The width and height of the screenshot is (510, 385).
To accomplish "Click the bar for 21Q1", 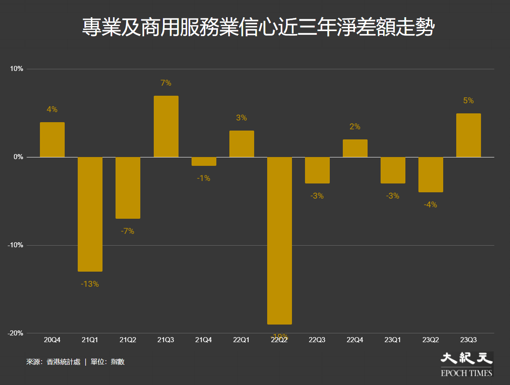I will (x=90, y=214).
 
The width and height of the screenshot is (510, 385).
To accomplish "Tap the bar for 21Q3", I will (x=166, y=126).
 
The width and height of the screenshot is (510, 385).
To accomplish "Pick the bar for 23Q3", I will (x=468, y=135).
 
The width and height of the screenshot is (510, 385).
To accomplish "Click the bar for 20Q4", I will (x=52, y=140).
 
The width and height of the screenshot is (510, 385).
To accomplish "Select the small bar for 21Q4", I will (x=204, y=162).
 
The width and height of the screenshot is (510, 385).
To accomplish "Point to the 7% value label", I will (x=166, y=83).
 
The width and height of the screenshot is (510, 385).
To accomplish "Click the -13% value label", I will (x=90, y=284).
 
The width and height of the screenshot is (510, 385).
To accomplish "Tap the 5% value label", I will (x=468, y=101).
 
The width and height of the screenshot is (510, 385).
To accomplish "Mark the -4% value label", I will (x=431, y=205).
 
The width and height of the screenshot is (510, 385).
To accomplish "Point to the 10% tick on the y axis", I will (x=16, y=69).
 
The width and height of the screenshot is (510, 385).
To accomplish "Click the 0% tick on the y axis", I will (x=18, y=157).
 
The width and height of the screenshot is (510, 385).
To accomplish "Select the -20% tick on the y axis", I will (x=15, y=333).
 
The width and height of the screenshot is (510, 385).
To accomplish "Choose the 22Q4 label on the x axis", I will (x=355, y=340).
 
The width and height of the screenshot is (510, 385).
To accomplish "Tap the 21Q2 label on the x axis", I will (x=128, y=340).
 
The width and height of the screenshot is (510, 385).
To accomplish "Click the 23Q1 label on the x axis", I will (x=393, y=340).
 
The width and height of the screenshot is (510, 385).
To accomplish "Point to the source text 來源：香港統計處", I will (x=53, y=361).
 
